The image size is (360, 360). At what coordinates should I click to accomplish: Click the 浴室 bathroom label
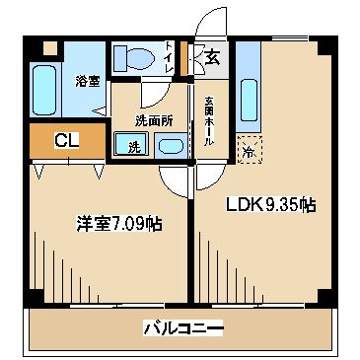click(x=88, y=81)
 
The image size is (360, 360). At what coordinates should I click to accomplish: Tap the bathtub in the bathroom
click(x=44, y=90)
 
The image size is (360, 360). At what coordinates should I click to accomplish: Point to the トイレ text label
click(x=169, y=58)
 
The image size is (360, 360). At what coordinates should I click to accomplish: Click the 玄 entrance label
click(x=212, y=58)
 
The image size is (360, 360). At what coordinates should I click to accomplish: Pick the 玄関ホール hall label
click(x=209, y=121)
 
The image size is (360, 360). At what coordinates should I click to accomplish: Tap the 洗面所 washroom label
click(x=154, y=121)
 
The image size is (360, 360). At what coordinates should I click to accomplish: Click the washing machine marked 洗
click(x=131, y=144)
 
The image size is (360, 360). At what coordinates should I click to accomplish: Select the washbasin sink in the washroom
click(x=170, y=146)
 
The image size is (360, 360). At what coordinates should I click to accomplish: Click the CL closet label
click(x=67, y=140)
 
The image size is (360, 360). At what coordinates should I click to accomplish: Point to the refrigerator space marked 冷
click(x=250, y=149)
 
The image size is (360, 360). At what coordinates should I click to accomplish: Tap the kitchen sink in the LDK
click(x=249, y=100)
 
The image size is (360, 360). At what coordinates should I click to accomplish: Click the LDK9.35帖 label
click(x=270, y=205)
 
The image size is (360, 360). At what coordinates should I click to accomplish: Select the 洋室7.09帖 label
click(x=119, y=224)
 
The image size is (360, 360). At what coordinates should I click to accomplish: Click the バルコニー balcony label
click(x=183, y=327)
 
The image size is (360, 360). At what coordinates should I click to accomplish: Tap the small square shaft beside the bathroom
click(x=50, y=48)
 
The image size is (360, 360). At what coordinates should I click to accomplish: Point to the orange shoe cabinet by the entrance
click(x=183, y=58)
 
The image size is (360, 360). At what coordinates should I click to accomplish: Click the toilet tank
click(x=120, y=58)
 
